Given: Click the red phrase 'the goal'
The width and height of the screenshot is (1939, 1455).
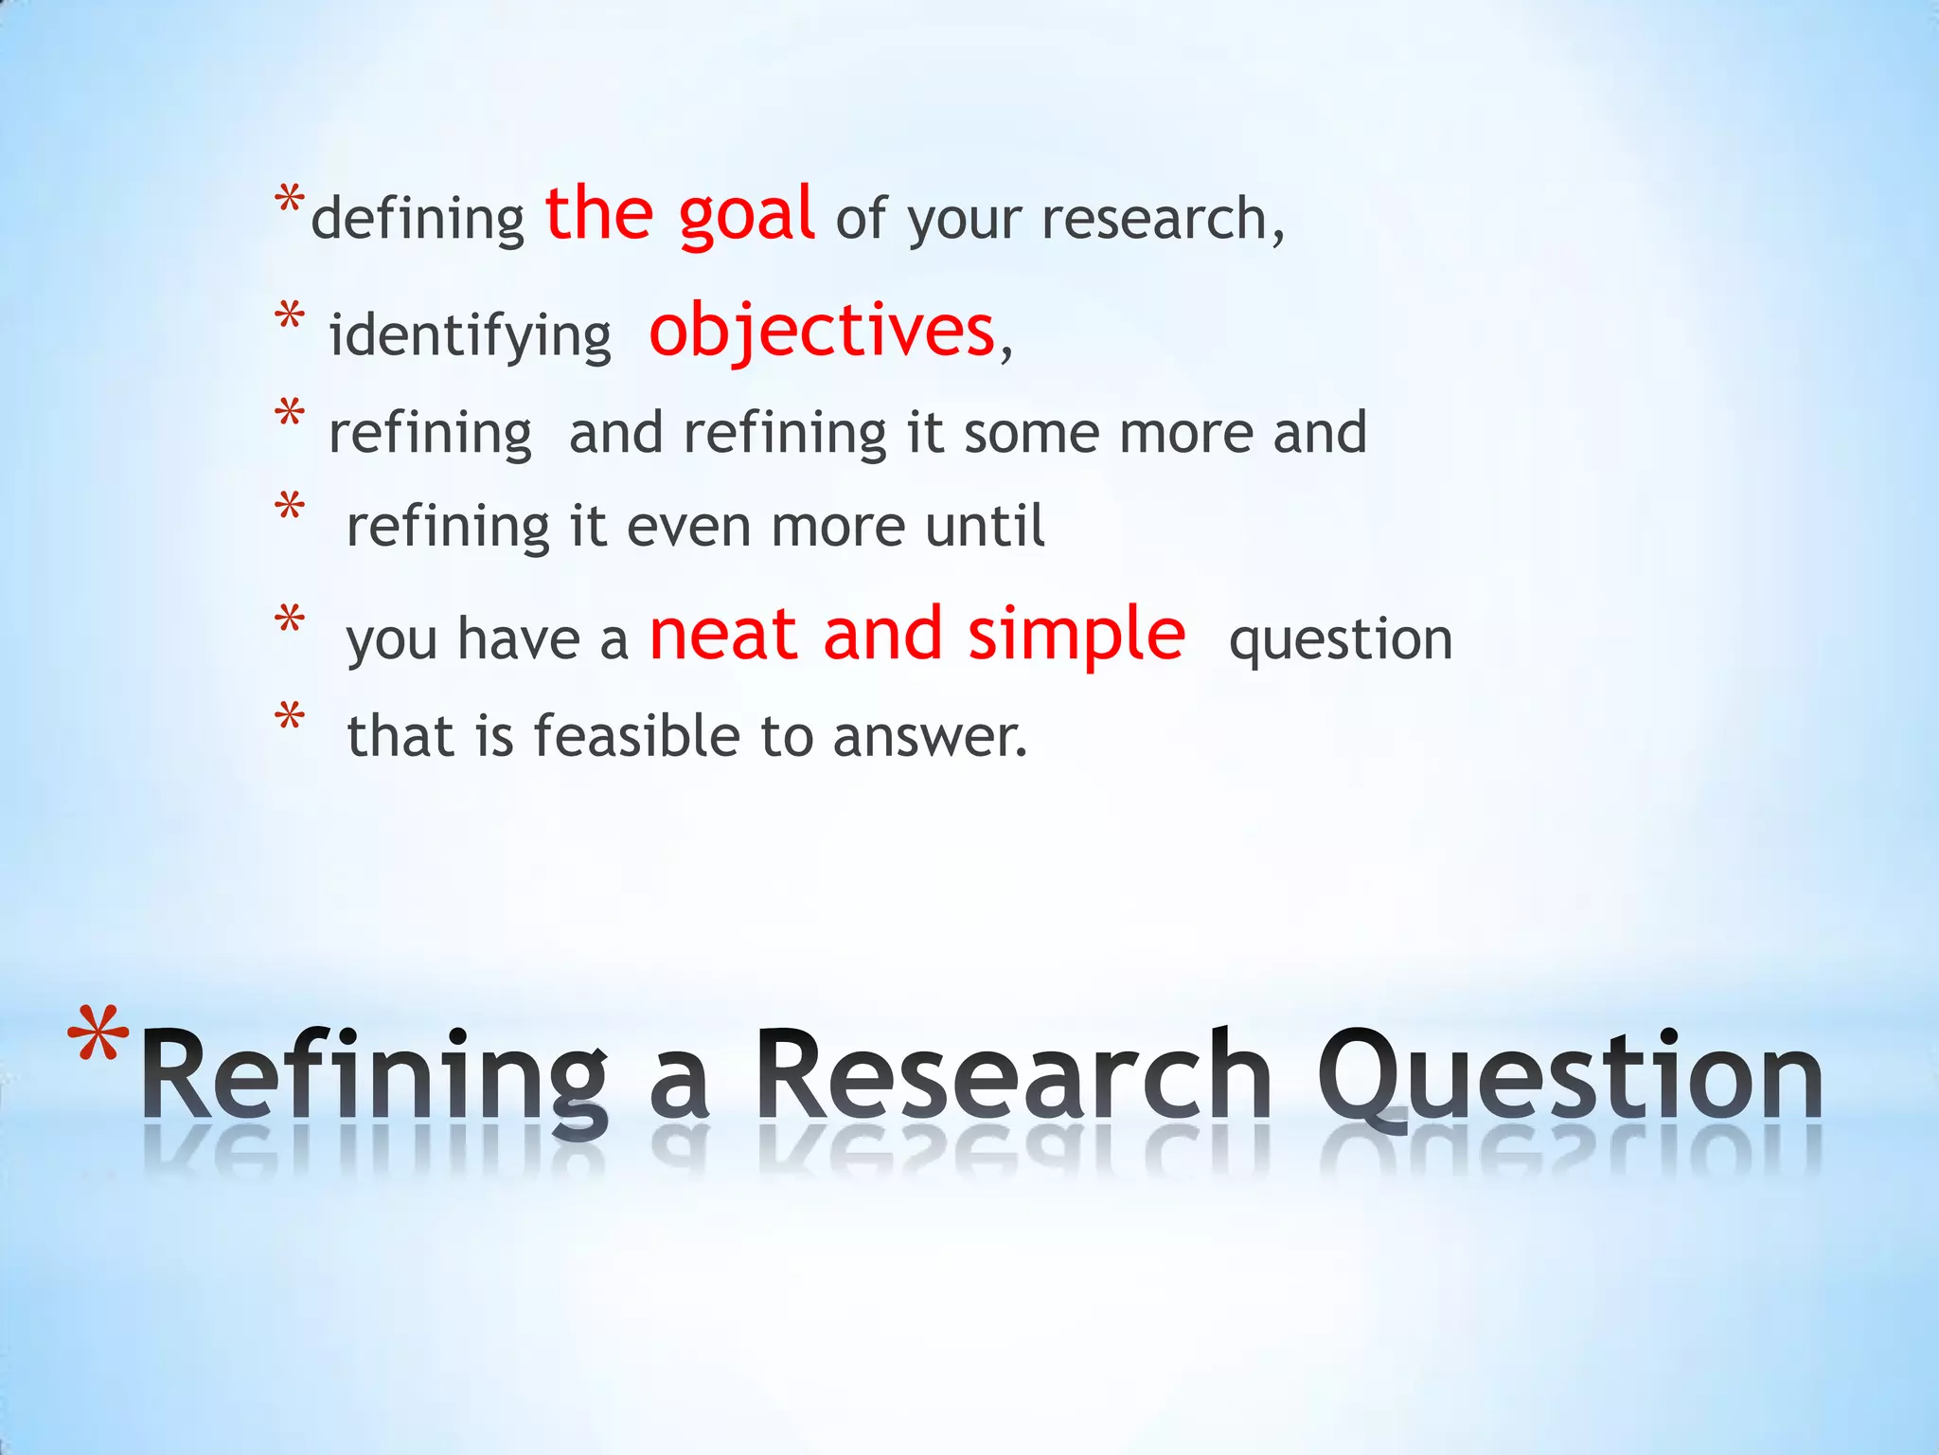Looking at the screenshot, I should (679, 214).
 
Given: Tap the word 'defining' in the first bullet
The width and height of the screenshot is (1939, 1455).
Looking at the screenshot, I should (418, 220).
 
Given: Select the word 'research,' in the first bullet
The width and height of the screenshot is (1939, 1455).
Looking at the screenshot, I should (1163, 220).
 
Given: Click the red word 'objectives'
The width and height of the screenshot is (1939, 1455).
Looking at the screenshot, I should (821, 331).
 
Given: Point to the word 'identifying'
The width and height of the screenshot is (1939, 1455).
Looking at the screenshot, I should (470, 336).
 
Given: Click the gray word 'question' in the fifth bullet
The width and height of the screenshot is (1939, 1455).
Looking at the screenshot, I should (1340, 639).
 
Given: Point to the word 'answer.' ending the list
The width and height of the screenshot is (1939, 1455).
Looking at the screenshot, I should (930, 738).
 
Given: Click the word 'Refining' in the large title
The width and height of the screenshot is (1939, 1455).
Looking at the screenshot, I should (374, 1080).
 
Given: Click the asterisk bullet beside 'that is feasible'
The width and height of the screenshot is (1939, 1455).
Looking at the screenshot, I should (290, 716).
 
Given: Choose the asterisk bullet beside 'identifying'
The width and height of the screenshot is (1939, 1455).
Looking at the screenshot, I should (290, 314).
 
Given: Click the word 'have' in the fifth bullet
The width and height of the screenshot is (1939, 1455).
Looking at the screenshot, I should (518, 639).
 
